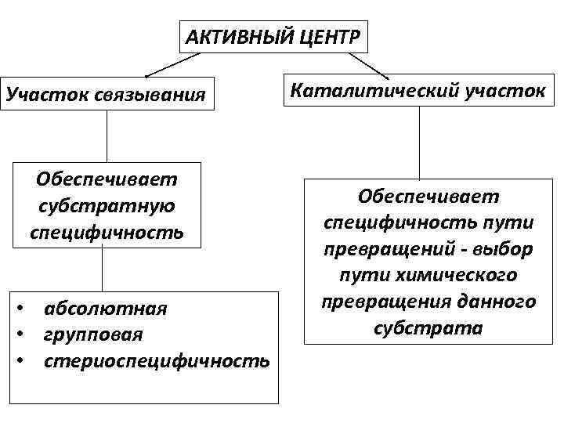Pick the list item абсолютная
[x=106, y=307]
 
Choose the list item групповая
[x=94, y=334]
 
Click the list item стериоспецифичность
[x=157, y=361]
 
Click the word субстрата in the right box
[x=428, y=328]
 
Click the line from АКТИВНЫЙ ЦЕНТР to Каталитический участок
[x=368, y=65]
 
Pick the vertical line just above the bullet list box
[x=102, y=269]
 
